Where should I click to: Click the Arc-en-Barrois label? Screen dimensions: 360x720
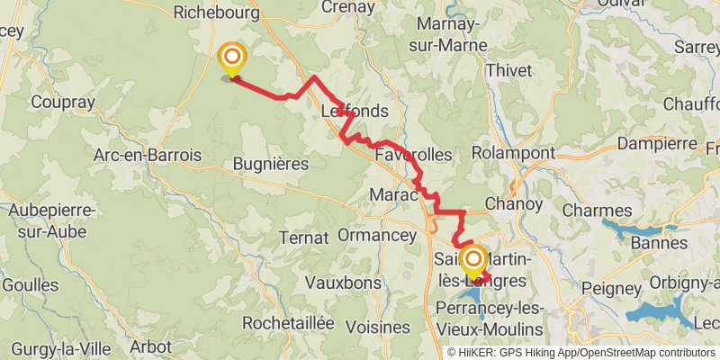pyautogui.click(x=148, y=155)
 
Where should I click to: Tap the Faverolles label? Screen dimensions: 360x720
pyautogui.click(x=413, y=155)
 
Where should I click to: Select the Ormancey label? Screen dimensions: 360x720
pyautogui.click(x=377, y=235)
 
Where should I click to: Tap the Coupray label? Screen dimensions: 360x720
pyautogui.click(x=62, y=103)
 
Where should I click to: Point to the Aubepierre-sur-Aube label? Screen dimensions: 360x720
pyautogui.click(x=51, y=222)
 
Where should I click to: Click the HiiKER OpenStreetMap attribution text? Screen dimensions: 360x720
pyautogui.click(x=582, y=353)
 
